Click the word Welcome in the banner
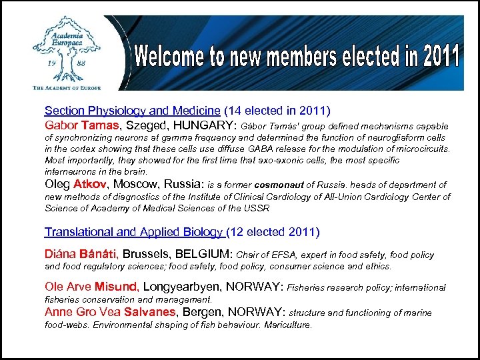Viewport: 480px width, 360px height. pyautogui.click(x=171, y=57)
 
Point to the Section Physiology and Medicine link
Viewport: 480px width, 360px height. pyautogui.click(x=132, y=111)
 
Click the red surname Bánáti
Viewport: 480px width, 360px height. pyautogui.click(x=99, y=254)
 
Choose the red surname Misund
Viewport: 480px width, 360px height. pyautogui.click(x=116, y=287)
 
